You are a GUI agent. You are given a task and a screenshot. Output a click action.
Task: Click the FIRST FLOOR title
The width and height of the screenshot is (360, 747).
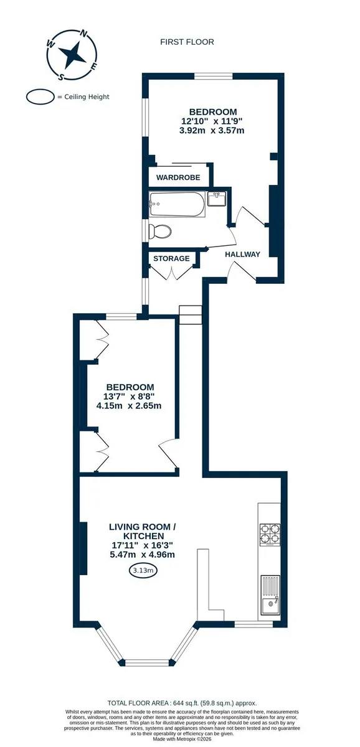pos(187,42)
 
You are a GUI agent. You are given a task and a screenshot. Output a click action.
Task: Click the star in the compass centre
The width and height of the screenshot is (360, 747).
pos(72,54)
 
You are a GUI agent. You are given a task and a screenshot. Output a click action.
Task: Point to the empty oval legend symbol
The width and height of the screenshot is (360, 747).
pos(40,97)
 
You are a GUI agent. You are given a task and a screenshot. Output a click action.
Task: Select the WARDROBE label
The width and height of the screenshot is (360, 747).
pos(178,177)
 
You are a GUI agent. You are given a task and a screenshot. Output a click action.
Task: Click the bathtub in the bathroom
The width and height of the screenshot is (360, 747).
pos(176,204)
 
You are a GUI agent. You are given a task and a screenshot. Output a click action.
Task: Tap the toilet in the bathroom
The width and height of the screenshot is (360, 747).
pos(159,231)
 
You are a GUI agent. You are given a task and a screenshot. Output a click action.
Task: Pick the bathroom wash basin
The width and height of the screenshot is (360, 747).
pos(217,199)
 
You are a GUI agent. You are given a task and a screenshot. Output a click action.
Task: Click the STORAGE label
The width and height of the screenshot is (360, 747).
pos(171,258)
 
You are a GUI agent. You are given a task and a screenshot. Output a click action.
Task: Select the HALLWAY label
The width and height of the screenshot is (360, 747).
pos(242,255)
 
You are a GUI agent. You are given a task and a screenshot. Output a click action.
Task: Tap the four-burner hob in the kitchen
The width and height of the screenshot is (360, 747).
pos(270,535)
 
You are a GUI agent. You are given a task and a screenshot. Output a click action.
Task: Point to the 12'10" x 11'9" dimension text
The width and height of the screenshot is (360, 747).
pos(212,121)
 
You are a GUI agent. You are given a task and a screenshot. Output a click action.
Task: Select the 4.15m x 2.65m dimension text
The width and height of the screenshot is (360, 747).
pos(129,406)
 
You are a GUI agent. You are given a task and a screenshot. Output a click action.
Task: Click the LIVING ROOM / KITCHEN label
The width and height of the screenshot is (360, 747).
pos(143,531)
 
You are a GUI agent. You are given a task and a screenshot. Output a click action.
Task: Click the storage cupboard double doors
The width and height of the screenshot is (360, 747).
pos(171,273)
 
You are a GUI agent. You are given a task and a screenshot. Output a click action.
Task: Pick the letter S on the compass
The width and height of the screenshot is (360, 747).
pos(60,77)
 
